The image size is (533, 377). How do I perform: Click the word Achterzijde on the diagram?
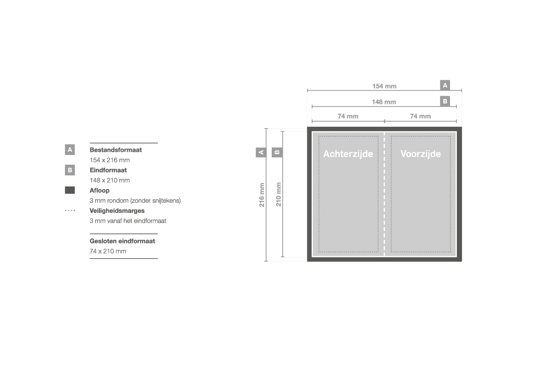(x=348, y=154)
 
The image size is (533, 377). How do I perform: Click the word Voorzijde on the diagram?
(x=420, y=154)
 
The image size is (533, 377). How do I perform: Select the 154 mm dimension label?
(x=384, y=86)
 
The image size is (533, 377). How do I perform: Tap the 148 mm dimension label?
(x=384, y=102)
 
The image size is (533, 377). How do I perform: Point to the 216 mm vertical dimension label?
(x=262, y=195)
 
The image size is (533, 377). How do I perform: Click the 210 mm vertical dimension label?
(x=279, y=195)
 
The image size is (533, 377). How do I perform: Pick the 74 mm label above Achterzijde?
(x=348, y=116)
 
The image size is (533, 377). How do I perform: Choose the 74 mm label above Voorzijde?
(x=420, y=116)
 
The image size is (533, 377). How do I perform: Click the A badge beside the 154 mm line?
(x=445, y=85)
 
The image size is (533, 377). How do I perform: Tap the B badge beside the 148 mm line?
(x=445, y=101)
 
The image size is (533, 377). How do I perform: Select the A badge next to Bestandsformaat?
(x=70, y=150)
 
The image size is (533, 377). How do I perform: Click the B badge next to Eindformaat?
(x=70, y=170)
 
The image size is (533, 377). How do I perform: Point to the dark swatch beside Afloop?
(x=70, y=190)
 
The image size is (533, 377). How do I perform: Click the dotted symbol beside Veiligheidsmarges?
(x=70, y=211)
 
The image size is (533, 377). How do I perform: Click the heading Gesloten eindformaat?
(x=122, y=241)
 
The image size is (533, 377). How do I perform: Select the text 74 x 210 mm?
(x=108, y=251)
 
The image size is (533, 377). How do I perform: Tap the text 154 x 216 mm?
(x=109, y=160)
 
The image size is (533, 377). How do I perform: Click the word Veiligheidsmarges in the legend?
(x=117, y=211)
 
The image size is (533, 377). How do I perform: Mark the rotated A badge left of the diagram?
(x=261, y=152)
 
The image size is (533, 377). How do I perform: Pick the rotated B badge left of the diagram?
(x=277, y=152)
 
